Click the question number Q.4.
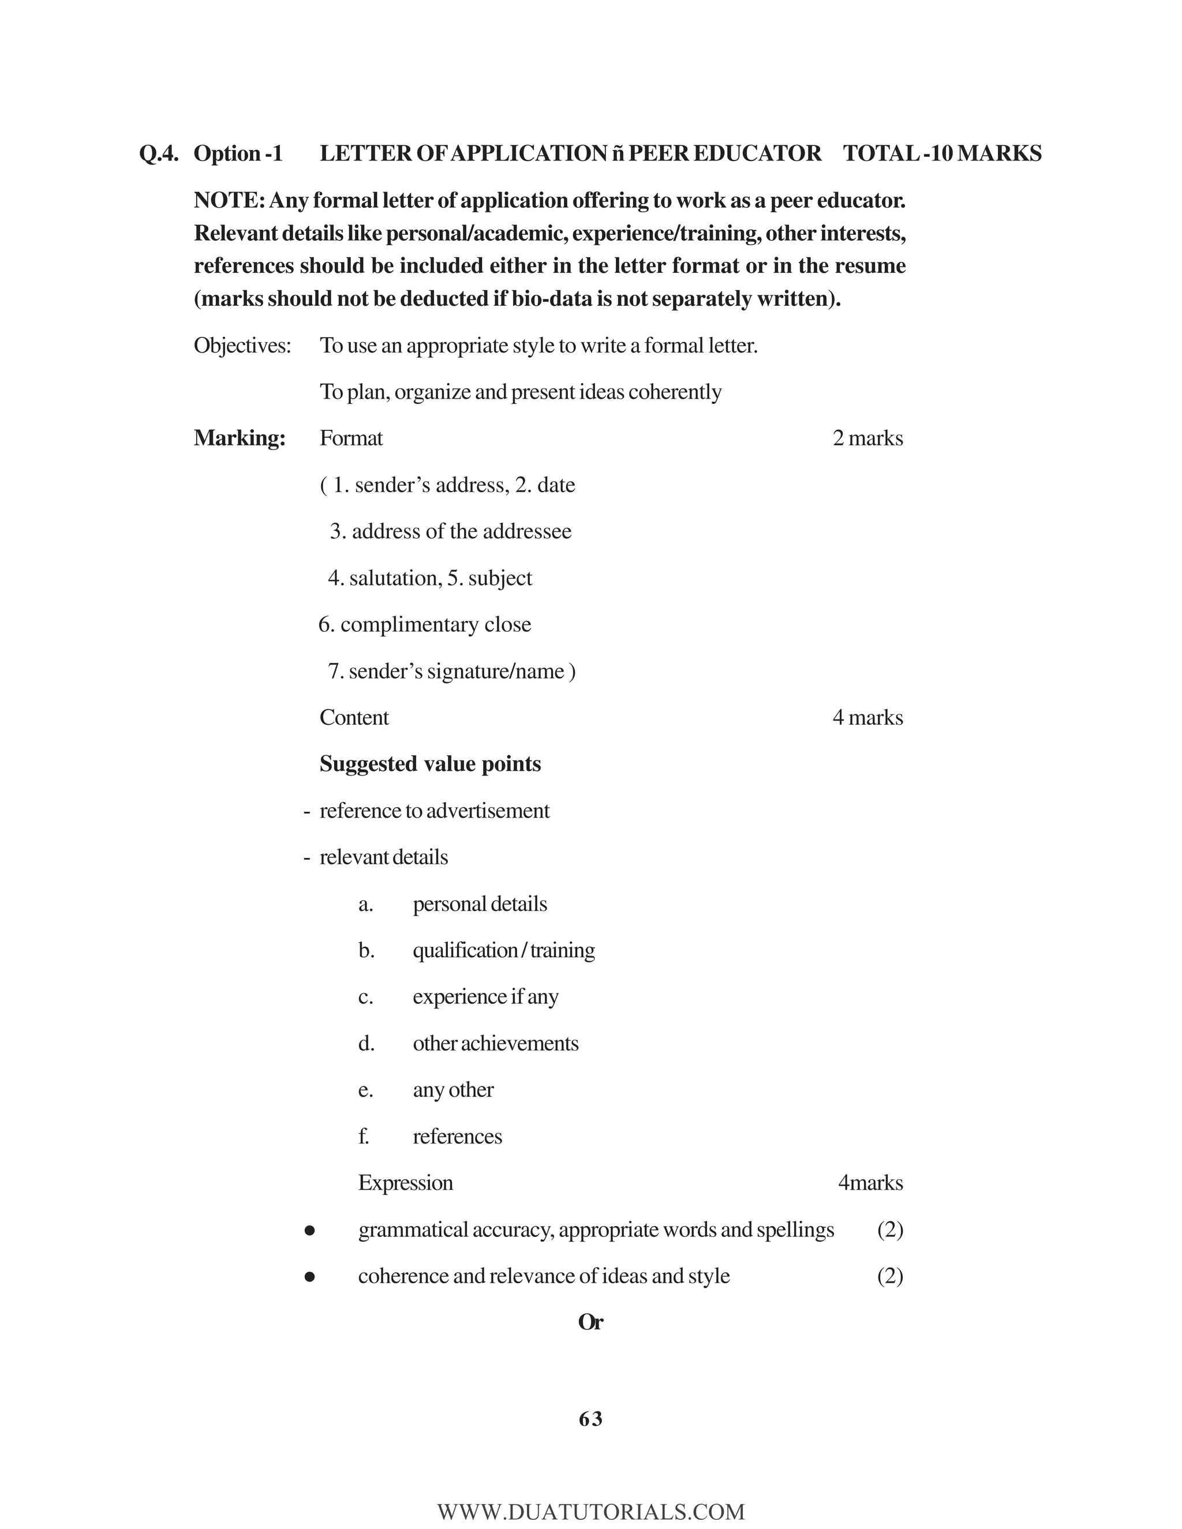159,153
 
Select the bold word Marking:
240,439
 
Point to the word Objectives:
242,346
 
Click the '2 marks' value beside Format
867,439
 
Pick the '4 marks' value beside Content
867,718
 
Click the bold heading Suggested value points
430,764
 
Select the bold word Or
590,1322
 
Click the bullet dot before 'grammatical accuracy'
309,1230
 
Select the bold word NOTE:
229,201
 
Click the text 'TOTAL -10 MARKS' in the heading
942,153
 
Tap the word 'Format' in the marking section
351,439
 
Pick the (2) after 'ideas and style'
890,1276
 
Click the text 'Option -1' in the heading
238,153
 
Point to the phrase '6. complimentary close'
424,624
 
